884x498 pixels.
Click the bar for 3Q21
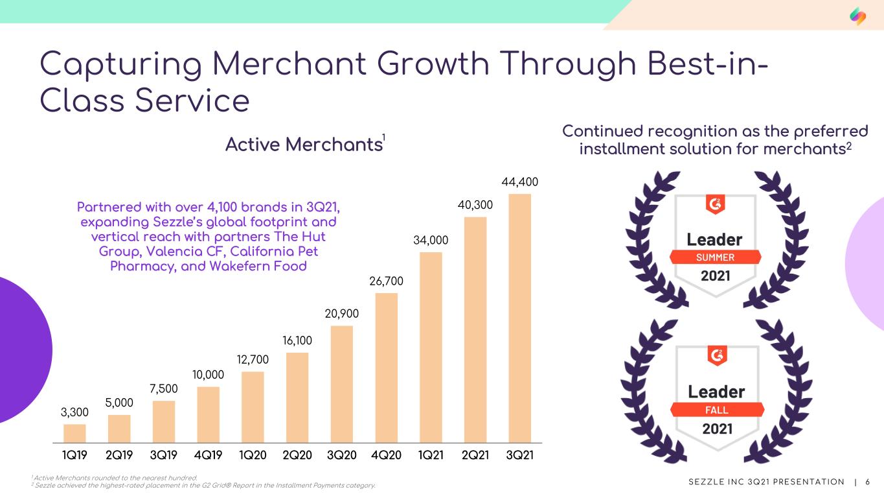pos(519,318)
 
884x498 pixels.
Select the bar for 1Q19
pos(74,434)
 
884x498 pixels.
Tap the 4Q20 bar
pos(387,368)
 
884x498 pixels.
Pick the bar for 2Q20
pos(297,397)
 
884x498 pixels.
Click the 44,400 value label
pos(519,182)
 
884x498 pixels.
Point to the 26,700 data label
pos(387,281)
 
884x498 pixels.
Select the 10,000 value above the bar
pos(208,374)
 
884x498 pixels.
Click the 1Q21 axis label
pos(431,455)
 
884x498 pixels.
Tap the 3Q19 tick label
pos(163,455)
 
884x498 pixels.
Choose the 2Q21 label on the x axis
pos(475,455)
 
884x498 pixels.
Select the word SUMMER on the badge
pos(715,257)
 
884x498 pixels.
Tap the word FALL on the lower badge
pos(717,410)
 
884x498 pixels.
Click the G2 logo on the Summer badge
pos(715,204)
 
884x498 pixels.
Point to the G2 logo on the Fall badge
pos(717,356)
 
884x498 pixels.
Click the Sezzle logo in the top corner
pos(858,16)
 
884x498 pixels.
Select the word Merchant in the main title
pos(289,64)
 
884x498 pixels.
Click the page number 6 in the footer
pos(867,482)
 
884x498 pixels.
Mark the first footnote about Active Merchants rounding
pos(115,478)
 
